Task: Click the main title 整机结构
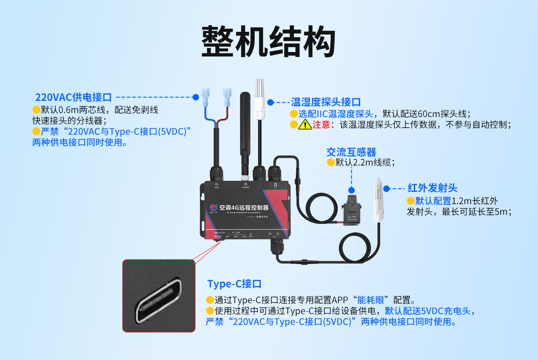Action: [269, 42]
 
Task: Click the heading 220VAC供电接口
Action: [73, 97]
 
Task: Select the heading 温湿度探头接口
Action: [325, 102]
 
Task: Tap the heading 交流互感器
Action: [351, 152]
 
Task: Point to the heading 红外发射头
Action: [432, 188]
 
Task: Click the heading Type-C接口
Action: [234, 284]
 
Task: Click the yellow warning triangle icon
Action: [305, 125]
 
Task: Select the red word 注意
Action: [323, 125]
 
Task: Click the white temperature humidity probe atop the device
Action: [259, 101]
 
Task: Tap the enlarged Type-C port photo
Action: [159, 295]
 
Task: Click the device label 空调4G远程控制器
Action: [243, 208]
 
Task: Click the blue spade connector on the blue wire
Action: [208, 99]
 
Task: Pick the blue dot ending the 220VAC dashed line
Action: [195, 97]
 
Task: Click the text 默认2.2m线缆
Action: [365, 163]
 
